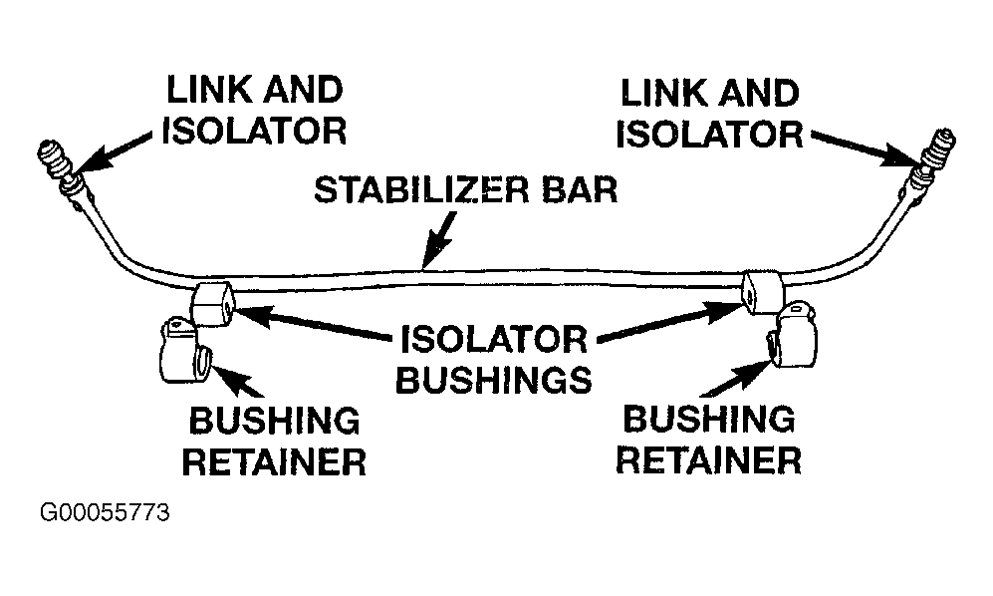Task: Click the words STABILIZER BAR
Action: coord(465,189)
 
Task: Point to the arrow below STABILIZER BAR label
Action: coord(439,239)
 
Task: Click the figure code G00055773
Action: coord(105,512)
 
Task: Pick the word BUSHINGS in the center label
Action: coord(494,379)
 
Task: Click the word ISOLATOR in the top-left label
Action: coord(255,131)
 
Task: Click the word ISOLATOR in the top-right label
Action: coord(709,135)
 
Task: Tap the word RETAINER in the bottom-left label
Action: coord(274,461)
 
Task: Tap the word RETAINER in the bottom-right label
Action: coord(709,459)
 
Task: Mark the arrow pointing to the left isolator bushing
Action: coord(312,323)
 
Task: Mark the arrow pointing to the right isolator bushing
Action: coord(670,322)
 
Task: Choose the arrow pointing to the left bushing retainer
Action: coord(237,382)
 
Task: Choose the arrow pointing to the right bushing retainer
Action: coord(737,378)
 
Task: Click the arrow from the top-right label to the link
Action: coord(863,149)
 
